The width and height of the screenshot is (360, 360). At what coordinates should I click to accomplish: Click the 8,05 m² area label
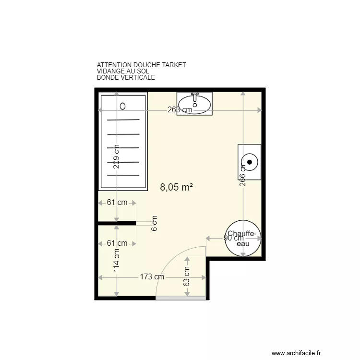click(176, 188)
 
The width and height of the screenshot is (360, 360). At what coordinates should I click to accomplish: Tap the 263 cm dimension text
click(180, 110)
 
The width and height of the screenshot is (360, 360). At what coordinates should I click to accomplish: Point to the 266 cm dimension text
click(243, 173)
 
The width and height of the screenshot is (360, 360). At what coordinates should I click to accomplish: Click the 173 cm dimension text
click(152, 277)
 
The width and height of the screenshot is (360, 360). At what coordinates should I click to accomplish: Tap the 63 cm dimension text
click(187, 277)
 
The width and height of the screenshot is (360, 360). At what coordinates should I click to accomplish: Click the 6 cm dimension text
click(155, 223)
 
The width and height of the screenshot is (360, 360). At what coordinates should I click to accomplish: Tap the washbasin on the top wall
click(194, 104)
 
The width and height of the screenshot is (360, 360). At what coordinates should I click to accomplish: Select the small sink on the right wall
click(249, 161)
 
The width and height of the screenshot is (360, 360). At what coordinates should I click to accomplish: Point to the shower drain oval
click(122, 106)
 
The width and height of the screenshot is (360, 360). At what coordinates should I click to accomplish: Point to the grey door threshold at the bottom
click(181, 298)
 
